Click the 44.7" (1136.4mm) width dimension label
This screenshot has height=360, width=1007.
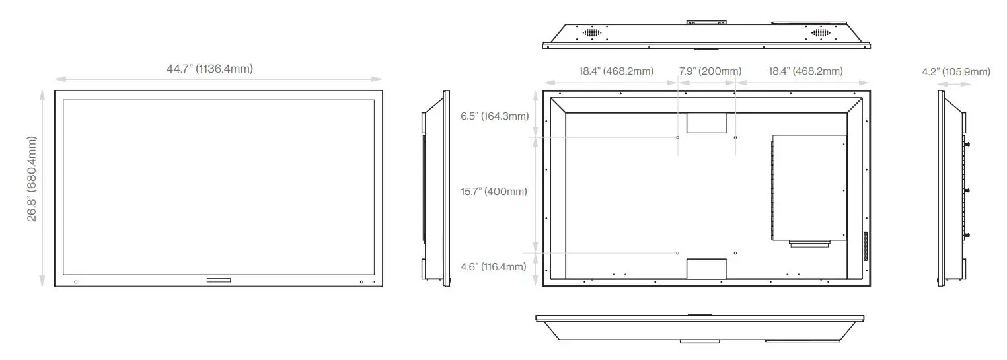coord(209,69)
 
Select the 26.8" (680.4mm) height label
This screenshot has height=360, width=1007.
coord(32,179)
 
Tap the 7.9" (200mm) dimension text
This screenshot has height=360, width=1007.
coord(710,71)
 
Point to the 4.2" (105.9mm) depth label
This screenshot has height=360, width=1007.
coord(955,71)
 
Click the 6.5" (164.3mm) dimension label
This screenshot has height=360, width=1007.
coord(494,116)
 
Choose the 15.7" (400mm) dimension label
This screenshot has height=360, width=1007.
coord(494,192)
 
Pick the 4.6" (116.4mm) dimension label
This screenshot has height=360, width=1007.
coord(494,267)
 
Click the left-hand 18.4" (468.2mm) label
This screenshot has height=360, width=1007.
coord(616,71)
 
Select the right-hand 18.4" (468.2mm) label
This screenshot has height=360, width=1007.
coord(805,71)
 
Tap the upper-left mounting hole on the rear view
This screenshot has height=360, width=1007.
coord(679,137)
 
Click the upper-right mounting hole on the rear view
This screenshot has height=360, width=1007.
coord(736,137)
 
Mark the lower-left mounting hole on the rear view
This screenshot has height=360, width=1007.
coord(679,253)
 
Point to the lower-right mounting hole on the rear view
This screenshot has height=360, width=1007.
coord(736,253)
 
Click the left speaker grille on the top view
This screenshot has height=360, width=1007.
coord(591,32)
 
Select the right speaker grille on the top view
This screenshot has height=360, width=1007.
coord(820,32)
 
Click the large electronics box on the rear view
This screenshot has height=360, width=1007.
coord(809,187)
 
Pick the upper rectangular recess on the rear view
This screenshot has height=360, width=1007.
coord(706,123)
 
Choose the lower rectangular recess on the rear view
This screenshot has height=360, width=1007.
coord(706,269)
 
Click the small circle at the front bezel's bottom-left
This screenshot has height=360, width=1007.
coord(76,283)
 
